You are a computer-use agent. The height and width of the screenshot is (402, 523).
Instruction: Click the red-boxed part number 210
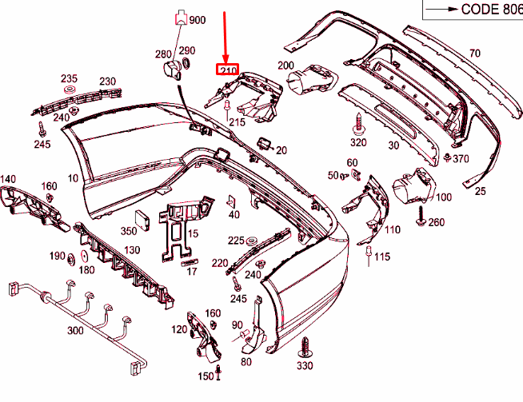pos(227,70)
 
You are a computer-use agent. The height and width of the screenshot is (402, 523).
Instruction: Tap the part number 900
pos(198,19)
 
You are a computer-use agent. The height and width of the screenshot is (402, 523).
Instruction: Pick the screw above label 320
pos(357,123)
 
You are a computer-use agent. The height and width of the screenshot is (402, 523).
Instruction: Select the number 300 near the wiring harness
pos(75,330)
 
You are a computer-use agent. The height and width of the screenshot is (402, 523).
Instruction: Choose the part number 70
pos(475,53)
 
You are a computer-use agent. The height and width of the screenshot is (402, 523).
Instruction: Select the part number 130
pos(132,251)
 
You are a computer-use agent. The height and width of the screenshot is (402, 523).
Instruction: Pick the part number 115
pos(382,257)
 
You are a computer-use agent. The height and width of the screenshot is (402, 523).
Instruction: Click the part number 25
pos(480,192)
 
